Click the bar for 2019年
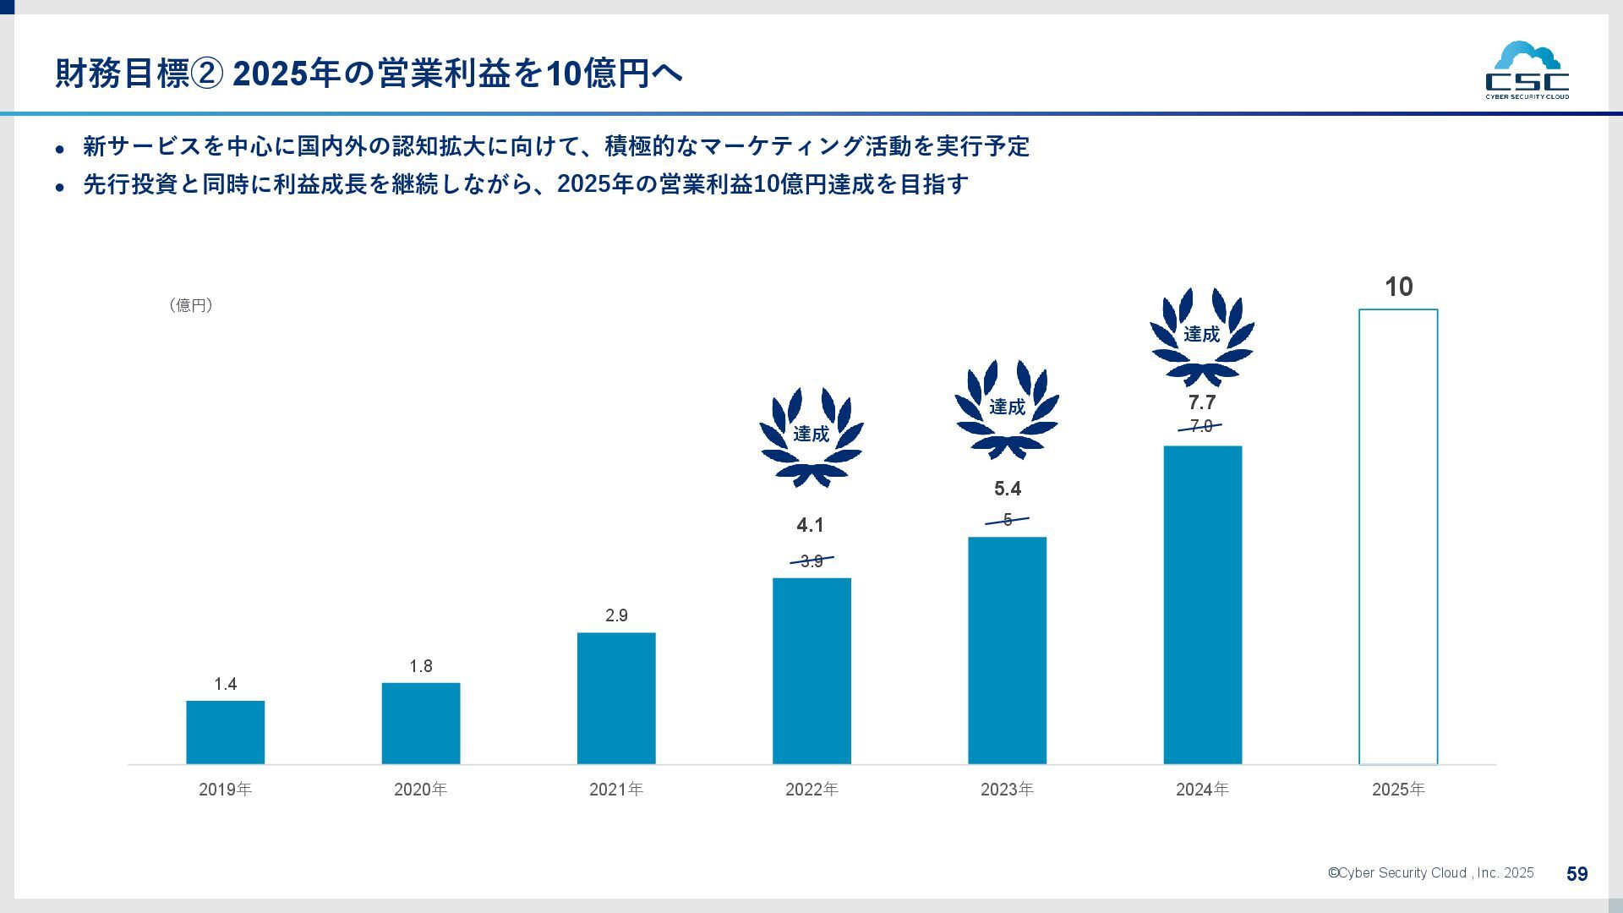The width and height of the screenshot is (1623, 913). coord(225,732)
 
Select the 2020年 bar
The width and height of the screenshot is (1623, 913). coord(421,724)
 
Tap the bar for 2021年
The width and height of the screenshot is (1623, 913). coord(616,698)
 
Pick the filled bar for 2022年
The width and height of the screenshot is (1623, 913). coord(811,671)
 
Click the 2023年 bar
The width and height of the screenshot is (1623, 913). coord(1007,650)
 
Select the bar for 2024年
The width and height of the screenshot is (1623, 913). coord(1202,605)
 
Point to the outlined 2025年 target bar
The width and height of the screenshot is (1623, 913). coord(1398,537)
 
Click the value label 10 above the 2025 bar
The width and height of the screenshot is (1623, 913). coord(1399,287)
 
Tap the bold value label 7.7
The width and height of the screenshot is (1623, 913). coord(1202,402)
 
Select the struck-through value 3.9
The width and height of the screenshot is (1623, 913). coord(811,560)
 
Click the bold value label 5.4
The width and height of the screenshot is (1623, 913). coord(1007,489)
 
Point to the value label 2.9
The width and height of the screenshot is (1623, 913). coord(616,615)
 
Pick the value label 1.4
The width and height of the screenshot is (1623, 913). coord(225,684)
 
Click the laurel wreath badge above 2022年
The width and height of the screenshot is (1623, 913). coord(811,436)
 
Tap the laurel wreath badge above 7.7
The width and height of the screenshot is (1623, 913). coord(1202,336)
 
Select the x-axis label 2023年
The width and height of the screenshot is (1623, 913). coord(1007,790)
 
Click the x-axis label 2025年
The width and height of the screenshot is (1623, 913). coord(1398,790)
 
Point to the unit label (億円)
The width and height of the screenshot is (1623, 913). coord(191,305)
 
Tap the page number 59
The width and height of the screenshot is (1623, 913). coord(1577,874)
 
